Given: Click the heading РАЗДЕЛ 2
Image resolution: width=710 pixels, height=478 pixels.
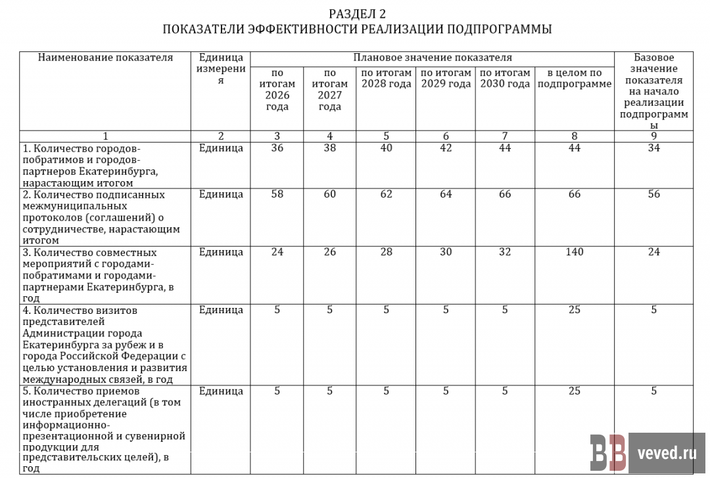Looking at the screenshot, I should (x=357, y=14).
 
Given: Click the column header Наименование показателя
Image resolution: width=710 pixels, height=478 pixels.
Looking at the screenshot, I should (x=105, y=58).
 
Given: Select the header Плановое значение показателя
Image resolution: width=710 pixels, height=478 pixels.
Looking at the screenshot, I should (x=433, y=58).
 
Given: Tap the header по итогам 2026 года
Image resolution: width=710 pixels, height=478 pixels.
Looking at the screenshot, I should (x=277, y=89).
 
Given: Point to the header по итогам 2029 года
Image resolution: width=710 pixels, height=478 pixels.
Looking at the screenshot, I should (x=446, y=78).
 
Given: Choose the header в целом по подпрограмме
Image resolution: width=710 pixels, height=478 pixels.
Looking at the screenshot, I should (x=575, y=78).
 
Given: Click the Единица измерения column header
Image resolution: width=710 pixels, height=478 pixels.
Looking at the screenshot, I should (x=221, y=69).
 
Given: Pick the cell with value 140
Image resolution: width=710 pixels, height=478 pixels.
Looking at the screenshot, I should (x=575, y=252).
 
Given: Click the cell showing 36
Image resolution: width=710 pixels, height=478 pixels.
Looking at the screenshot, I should (x=277, y=148).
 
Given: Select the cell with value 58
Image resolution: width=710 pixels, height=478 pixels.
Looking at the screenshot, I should (x=277, y=194).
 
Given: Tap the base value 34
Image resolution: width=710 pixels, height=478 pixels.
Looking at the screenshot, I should (x=653, y=148).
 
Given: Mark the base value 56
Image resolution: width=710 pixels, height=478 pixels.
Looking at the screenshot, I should (x=653, y=194).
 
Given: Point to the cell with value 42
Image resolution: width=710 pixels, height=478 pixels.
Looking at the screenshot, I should (x=446, y=148).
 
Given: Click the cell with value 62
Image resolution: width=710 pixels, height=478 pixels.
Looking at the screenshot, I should (x=386, y=194).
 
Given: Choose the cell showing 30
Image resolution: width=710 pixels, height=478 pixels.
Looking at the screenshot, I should (x=446, y=252).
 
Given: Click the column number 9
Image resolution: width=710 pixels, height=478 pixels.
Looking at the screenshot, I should (x=653, y=137).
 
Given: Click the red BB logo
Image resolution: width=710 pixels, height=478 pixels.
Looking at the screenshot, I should (x=607, y=452).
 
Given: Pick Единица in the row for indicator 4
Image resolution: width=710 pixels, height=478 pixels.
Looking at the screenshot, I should (x=221, y=310).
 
